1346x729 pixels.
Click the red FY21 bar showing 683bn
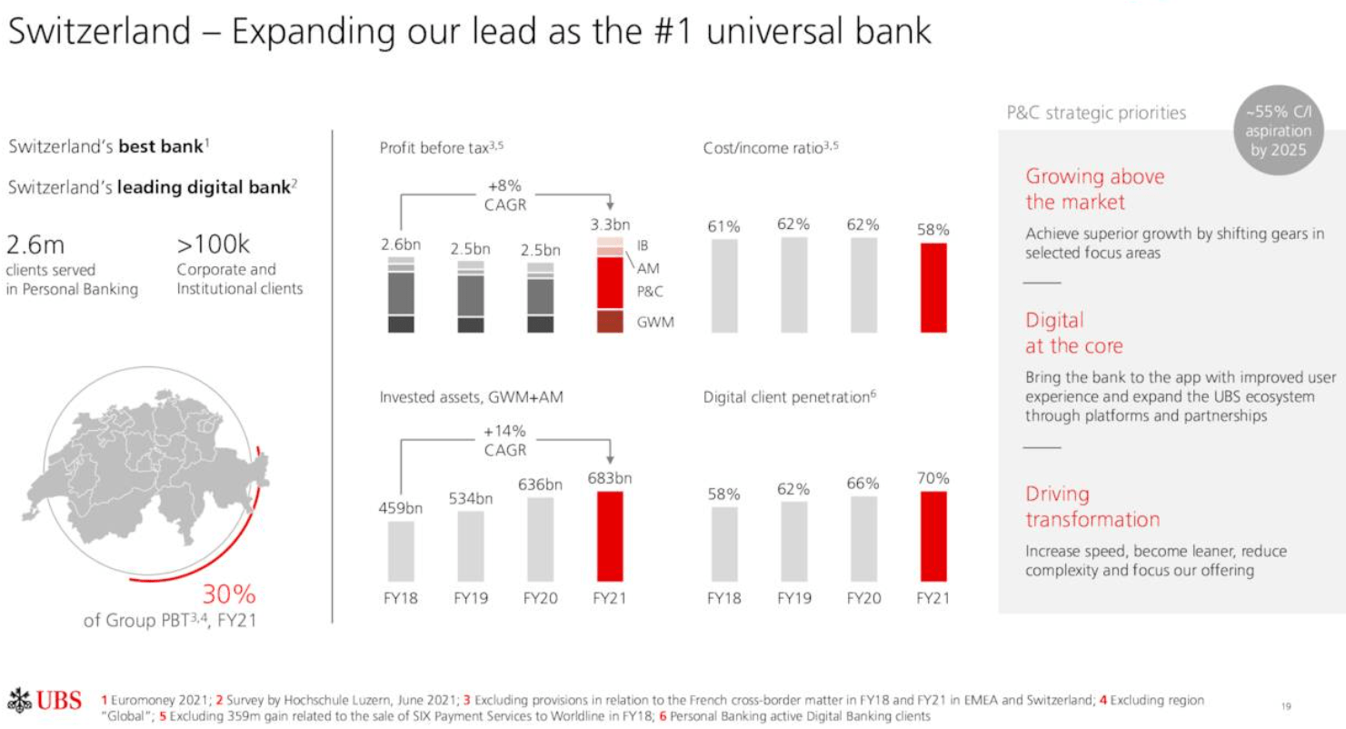click(x=610, y=536)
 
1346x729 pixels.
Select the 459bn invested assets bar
click(x=402, y=551)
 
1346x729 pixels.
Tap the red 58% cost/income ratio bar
click(x=933, y=287)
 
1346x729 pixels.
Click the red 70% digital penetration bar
click(x=933, y=536)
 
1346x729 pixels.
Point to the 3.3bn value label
click(x=610, y=225)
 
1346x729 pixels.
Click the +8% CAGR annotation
click(x=505, y=195)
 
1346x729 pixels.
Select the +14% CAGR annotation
click(x=505, y=440)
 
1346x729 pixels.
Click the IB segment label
click(x=643, y=245)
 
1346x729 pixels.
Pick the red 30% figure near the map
click(x=228, y=595)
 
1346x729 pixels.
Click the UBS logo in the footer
click(x=51, y=703)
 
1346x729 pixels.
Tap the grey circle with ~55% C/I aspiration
click(x=1278, y=133)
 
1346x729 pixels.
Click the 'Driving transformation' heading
click(x=1092, y=506)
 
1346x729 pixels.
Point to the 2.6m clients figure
click(x=36, y=246)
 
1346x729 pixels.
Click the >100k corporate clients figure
click(x=213, y=246)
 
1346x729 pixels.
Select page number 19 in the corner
click(x=1286, y=705)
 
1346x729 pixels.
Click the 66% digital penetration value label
click(x=862, y=484)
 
